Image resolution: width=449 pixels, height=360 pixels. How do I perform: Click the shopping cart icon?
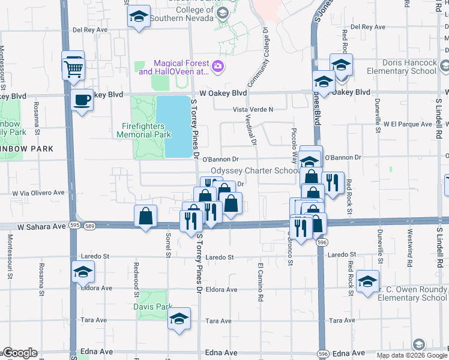point(73,68)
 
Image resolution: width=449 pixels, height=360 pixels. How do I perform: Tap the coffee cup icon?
point(82,100)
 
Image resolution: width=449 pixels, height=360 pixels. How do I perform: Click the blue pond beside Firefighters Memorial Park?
point(174,126)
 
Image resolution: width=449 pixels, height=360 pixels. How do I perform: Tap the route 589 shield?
point(90,226)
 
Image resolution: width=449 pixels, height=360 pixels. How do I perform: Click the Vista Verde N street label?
point(253,109)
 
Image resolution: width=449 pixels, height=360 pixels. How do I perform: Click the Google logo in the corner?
point(19,353)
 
